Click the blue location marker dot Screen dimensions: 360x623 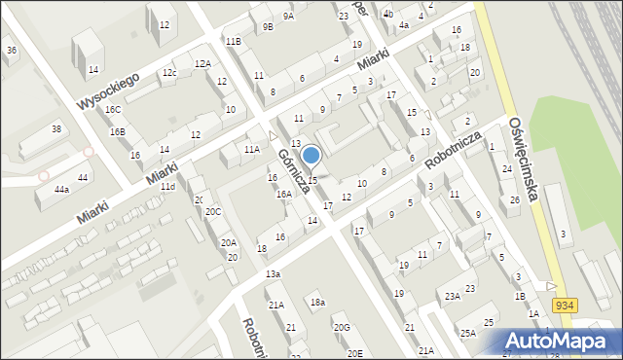pyautogui.click(x=311, y=155)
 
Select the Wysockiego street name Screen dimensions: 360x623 pyautogui.click(x=110, y=90)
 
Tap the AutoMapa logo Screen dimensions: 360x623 pyautogui.click(x=561, y=341)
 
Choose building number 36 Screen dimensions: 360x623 pyautogui.click(x=11, y=50)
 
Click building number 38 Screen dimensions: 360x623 pyautogui.click(x=56, y=129)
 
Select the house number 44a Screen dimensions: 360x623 pyautogui.click(x=61, y=190)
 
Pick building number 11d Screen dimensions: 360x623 pyautogui.click(x=168, y=186)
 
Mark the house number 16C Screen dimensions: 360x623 pyautogui.click(x=114, y=110)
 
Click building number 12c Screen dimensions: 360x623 pyautogui.click(x=169, y=73)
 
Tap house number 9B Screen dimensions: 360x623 pyautogui.click(x=269, y=27)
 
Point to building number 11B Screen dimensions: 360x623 pyautogui.click(x=233, y=41)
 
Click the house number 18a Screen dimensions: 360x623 pyautogui.click(x=317, y=303)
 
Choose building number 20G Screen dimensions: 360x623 pyautogui.click(x=342, y=328)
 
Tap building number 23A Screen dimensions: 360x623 pyautogui.click(x=452, y=297)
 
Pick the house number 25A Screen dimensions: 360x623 pyautogui.click(x=468, y=334)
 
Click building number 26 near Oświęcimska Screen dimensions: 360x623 pyautogui.click(x=515, y=200)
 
